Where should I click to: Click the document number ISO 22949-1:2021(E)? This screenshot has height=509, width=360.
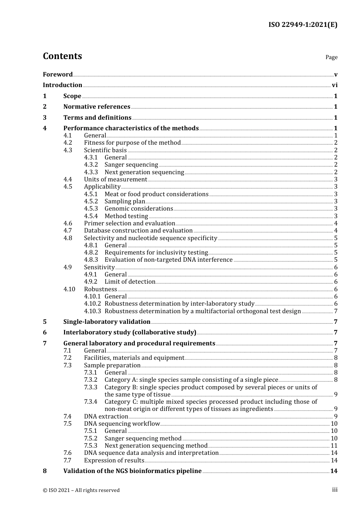point(303,25)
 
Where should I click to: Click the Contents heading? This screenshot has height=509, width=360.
point(62,56)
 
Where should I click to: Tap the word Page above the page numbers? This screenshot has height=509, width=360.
point(331,57)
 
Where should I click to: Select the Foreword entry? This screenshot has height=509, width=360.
point(58,74)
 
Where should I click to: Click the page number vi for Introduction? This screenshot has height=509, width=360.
point(335,85)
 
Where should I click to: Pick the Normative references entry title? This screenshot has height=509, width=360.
point(97,107)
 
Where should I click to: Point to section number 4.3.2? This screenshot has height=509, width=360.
point(91,165)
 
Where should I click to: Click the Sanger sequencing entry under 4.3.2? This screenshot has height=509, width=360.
point(131,165)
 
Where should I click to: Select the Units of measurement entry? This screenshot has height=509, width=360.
point(116,180)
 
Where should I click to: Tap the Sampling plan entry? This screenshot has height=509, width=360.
point(125,201)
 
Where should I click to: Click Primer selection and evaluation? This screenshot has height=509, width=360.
point(130,223)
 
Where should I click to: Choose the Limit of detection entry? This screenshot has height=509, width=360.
point(130,282)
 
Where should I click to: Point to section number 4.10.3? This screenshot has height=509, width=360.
point(92,311)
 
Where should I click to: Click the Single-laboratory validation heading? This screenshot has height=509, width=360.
point(107,322)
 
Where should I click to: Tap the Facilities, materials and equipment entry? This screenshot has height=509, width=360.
point(134,358)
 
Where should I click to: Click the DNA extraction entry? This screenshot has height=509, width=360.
point(106,417)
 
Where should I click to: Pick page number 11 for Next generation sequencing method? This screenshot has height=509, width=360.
point(334,446)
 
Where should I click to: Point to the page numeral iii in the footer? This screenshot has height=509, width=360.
point(335,490)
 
